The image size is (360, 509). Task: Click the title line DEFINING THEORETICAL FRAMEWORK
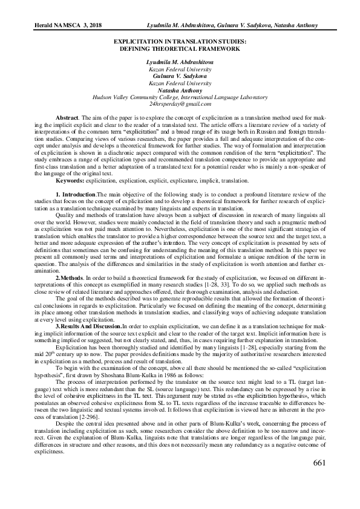tap(180, 47)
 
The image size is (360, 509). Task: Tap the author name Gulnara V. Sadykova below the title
tap(180, 76)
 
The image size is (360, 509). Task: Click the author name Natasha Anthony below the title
tap(180, 89)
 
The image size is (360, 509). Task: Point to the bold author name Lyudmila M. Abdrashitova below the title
tap(180, 62)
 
